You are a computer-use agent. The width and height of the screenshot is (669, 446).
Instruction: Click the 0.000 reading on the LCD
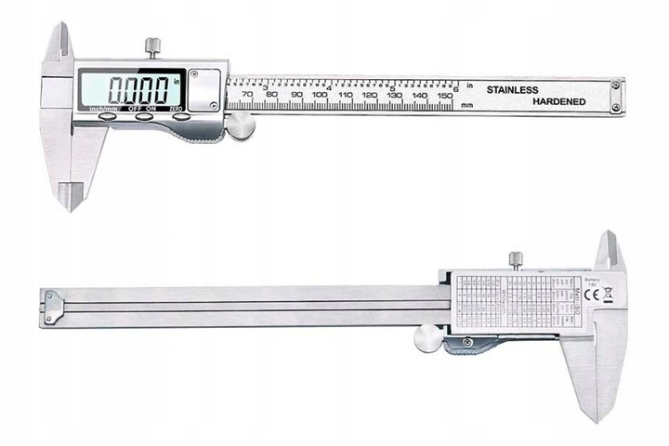pos(139,90)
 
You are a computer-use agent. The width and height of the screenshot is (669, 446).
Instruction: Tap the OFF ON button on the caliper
pos(141,117)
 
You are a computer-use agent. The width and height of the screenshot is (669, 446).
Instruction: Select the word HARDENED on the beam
pos(558,101)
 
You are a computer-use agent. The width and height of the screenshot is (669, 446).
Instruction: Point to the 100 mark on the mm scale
pos(320,95)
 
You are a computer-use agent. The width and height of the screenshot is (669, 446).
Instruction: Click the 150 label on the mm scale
pos(445,95)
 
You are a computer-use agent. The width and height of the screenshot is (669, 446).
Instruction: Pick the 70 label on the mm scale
pos(245,95)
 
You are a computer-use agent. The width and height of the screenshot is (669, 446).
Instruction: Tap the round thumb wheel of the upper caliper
pos(241,126)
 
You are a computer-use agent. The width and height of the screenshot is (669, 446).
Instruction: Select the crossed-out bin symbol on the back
pos(608,297)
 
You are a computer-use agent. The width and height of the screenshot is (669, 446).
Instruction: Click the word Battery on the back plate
pos(593,279)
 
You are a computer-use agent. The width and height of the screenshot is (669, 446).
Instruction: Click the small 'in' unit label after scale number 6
pos(470,85)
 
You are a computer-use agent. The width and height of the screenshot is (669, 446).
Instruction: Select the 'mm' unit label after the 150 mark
pos(467,105)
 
